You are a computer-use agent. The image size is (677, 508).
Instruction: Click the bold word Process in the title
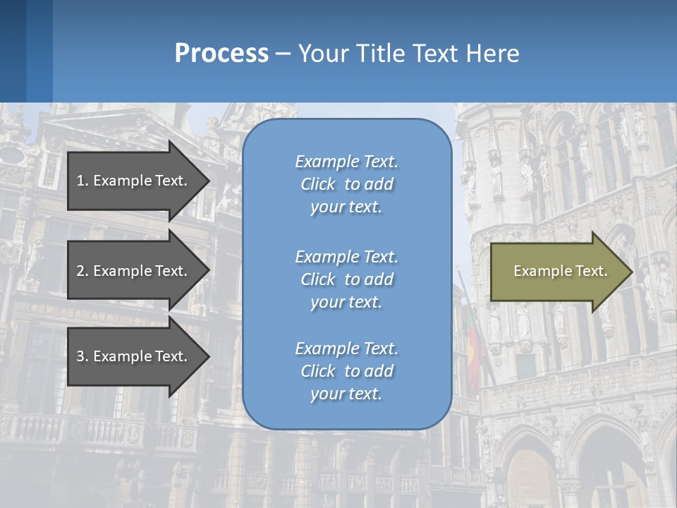(221, 54)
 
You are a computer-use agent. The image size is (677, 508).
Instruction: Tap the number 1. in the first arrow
(83, 181)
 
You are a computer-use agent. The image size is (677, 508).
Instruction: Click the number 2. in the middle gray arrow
(83, 271)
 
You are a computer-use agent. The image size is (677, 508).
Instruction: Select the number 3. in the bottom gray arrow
(83, 356)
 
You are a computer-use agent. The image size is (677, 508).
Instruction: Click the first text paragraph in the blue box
(346, 184)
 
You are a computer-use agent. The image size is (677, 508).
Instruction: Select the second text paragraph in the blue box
(346, 279)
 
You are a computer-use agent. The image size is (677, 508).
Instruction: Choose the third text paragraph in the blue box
(346, 371)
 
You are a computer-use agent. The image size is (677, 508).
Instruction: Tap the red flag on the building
(473, 353)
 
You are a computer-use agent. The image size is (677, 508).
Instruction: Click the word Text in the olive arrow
(592, 271)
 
